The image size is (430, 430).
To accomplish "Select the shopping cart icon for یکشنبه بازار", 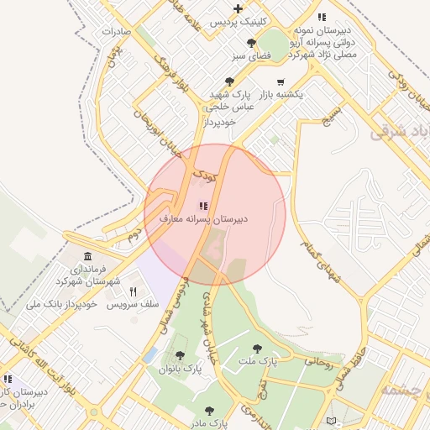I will pyautogui.click(x=280, y=81).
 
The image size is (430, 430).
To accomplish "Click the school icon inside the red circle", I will pyautogui.click(x=202, y=205).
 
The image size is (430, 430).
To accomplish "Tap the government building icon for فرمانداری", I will pyautogui.click(x=87, y=255).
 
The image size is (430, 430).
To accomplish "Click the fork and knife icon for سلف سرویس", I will pyautogui.click(x=133, y=291).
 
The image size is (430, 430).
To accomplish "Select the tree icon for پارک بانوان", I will pyautogui.click(x=180, y=355).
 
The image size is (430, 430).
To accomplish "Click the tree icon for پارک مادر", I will pyautogui.click(x=208, y=411).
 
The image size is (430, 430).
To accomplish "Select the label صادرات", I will pyautogui.click(x=117, y=31).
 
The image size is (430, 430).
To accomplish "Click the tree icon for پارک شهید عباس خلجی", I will pyautogui.click(x=229, y=81).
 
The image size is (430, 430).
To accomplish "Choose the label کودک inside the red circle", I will pyautogui.click(x=204, y=176).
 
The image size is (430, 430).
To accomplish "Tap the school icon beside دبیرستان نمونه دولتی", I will pyautogui.click(x=321, y=17).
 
